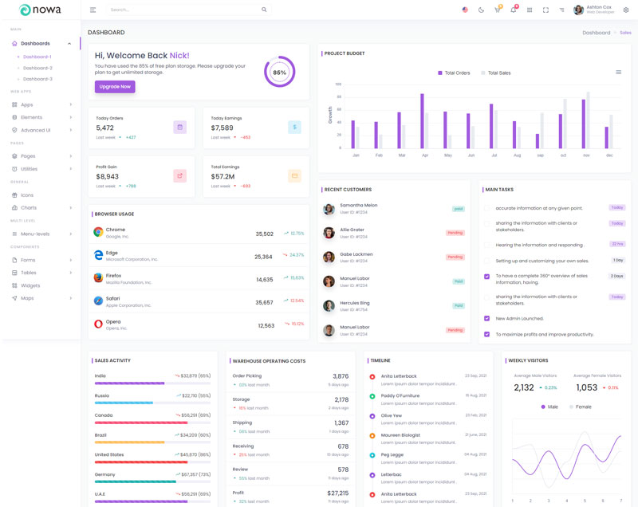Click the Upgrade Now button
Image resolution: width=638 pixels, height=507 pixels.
point(115,86)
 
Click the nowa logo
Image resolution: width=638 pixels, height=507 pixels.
point(40,10)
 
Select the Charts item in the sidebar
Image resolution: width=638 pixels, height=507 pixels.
point(29,207)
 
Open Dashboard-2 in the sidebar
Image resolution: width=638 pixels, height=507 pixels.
point(37,68)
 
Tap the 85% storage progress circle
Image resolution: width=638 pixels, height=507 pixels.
point(279,72)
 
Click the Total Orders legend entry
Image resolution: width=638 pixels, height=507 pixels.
point(454,73)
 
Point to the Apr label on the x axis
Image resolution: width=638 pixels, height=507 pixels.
point(424,155)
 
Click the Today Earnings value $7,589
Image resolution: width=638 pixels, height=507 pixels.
point(223,128)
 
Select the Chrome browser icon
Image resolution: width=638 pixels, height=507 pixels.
point(98,232)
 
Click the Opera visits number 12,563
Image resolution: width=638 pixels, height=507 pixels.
point(266,325)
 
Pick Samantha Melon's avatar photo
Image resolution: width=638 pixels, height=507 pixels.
point(329,209)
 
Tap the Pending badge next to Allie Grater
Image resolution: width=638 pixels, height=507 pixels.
point(455,233)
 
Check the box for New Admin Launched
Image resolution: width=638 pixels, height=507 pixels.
point(487,318)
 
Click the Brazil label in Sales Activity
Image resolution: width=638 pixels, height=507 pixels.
point(100,434)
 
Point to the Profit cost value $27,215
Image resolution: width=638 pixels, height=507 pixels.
point(338,493)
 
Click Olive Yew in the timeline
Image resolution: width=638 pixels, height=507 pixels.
point(392,415)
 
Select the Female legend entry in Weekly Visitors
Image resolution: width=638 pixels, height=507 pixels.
point(580,407)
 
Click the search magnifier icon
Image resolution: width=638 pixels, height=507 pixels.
point(264,10)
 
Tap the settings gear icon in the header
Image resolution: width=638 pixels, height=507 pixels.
point(626,10)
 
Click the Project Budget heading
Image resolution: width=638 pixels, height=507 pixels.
point(345,53)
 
